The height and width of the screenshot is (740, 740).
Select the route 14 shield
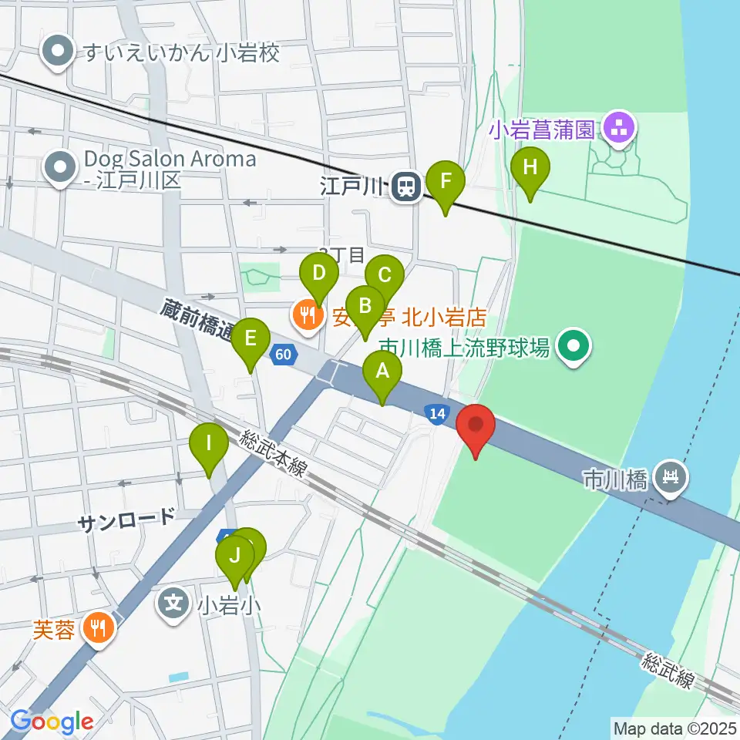point(437,415)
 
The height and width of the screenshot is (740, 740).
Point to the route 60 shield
point(284,354)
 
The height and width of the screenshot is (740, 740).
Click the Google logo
point(52,722)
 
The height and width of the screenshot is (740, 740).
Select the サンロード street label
point(126,520)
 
